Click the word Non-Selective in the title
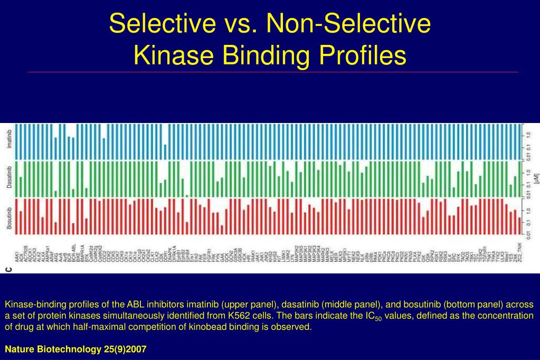pos(348,23)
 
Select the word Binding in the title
pos(263,55)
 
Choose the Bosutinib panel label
pos(9,216)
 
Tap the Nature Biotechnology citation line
pos(75,349)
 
